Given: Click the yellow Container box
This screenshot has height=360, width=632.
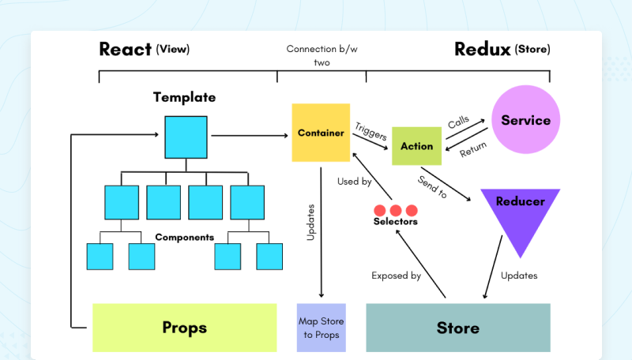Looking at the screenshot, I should (321, 133).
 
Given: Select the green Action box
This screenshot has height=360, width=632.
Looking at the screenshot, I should (416, 146).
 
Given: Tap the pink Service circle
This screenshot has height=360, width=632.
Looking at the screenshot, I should (525, 120).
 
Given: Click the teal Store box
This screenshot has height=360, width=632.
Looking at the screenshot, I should (458, 327).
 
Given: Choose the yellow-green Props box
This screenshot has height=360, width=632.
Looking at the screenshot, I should (184, 327).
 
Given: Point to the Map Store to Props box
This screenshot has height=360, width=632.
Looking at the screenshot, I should (321, 328).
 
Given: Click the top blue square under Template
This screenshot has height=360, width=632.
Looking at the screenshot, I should (186, 137).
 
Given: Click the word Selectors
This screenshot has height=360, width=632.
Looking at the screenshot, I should (395, 222).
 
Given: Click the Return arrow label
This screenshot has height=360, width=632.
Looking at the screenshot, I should (472, 148).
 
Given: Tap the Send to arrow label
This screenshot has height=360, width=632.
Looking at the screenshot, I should (432, 187).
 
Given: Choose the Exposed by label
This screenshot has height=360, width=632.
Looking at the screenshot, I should (396, 276).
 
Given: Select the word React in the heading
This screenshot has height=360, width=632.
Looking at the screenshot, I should (125, 49).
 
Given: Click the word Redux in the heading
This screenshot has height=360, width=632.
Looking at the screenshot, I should (482, 49).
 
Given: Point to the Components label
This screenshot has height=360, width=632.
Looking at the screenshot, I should (185, 237).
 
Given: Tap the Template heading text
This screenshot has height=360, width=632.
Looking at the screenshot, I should (184, 98).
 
